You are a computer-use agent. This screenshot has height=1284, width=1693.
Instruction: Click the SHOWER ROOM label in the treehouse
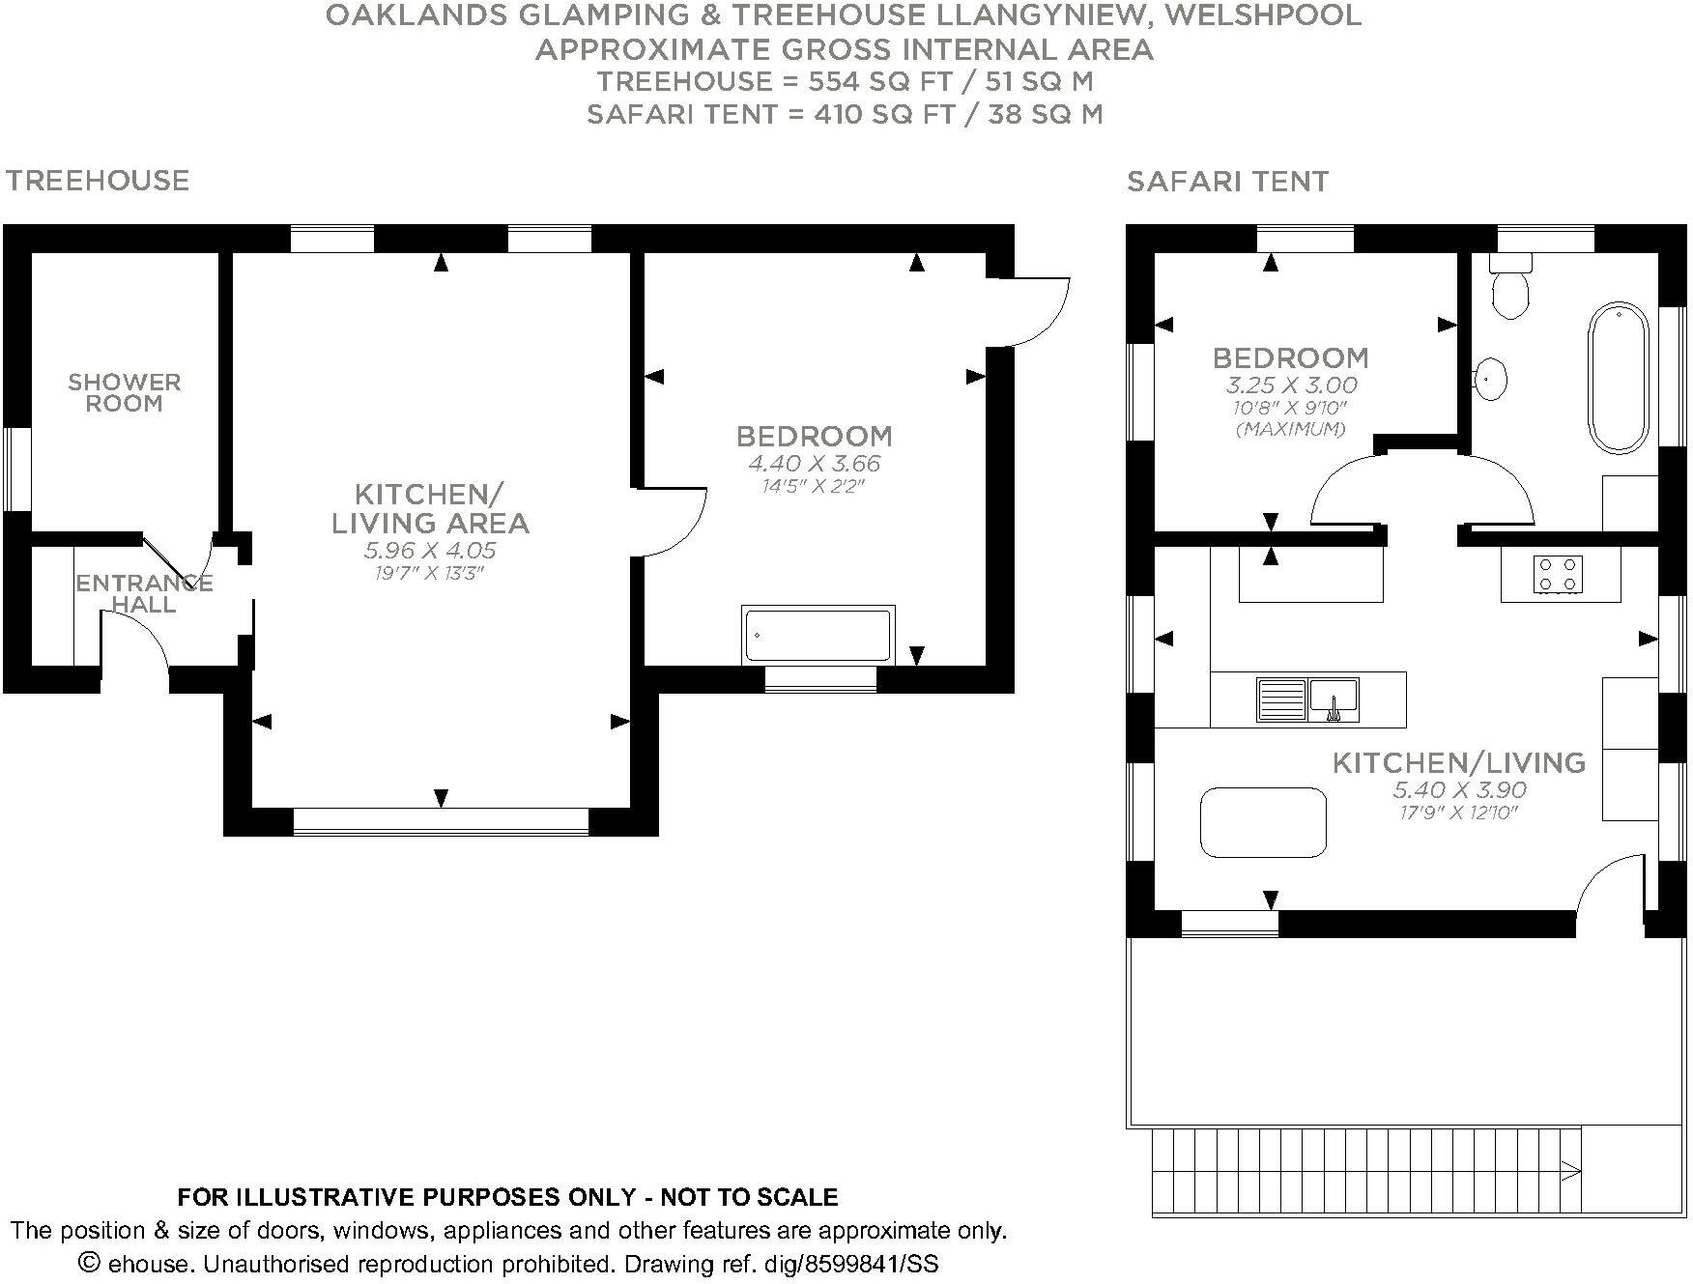124,393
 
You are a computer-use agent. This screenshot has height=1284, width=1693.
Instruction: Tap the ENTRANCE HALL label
144,593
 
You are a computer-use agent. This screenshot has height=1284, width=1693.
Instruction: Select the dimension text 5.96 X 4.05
430,551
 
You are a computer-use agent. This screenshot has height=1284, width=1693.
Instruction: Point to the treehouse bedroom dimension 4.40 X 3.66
815,464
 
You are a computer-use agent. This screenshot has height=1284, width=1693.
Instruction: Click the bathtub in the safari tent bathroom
1618,378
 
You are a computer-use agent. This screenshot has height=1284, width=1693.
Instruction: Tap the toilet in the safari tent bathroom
1509,291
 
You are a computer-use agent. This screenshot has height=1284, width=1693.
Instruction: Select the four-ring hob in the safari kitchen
1558,574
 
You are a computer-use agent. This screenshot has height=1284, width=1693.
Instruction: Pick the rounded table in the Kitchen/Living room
1263,822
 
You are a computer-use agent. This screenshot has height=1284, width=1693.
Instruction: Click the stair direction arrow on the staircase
1570,1172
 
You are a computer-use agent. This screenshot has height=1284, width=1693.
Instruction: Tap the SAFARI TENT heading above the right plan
1227,182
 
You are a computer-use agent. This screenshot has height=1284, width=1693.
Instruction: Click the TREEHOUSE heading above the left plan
98,181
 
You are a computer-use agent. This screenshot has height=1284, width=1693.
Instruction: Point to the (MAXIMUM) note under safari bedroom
1290,429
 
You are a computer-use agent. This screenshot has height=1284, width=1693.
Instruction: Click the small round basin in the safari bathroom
1491,379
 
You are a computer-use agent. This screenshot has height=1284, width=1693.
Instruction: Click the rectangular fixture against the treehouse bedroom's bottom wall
818,635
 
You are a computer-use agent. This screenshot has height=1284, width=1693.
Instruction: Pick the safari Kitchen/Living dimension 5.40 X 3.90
1459,790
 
